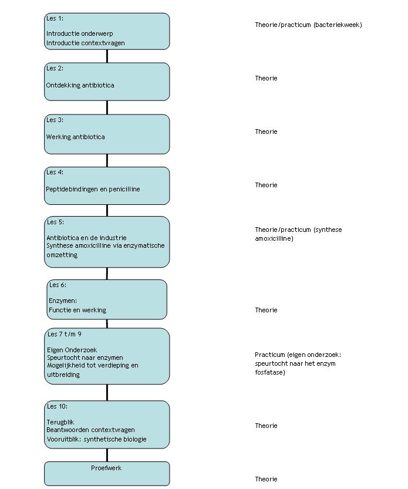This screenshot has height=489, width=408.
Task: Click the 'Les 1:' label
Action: [55, 18]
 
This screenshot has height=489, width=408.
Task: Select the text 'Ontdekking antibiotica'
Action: [80, 85]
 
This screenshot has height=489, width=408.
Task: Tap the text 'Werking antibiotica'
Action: [76, 137]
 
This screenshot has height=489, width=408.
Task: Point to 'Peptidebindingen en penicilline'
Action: [93, 189]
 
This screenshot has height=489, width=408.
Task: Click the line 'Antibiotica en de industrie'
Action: [86, 238]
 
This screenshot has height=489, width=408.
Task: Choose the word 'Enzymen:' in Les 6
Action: [63, 301]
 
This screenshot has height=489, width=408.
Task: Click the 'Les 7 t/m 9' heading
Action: [64, 335]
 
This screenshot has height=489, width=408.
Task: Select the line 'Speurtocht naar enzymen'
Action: [85, 358]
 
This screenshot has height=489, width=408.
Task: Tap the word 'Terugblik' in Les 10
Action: [60, 422]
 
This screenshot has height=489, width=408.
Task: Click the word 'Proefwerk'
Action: [106, 468]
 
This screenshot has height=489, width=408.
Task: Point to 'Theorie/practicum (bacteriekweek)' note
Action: [309, 25]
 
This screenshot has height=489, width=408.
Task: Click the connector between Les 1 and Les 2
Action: [107, 56]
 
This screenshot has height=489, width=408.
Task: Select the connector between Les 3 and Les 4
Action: [107, 161]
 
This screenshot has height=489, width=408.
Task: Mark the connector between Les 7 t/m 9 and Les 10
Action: [107, 393]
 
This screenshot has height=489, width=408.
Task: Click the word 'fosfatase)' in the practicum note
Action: [270, 372]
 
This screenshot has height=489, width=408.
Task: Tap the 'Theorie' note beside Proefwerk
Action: [266, 479]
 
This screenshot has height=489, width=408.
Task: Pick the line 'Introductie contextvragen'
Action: [86, 43]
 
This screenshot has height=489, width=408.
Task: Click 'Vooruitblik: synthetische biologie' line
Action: [97, 440]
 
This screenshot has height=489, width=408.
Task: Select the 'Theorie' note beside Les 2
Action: [266, 78]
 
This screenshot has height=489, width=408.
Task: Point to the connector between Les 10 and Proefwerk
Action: [107, 456]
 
